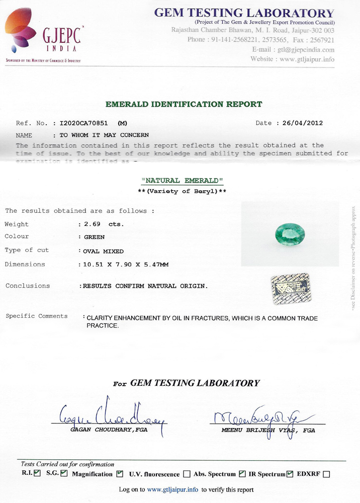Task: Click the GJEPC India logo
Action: pos(43,34)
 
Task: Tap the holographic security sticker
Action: pos(290,289)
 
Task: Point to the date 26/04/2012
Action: pos(303,123)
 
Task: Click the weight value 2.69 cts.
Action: pos(104,224)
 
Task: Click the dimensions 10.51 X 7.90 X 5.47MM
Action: pos(131,264)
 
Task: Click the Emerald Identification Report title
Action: pos(184,104)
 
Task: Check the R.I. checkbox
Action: pos(37,473)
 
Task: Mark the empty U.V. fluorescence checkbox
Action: pos(187,474)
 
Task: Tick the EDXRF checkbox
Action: pos(326,474)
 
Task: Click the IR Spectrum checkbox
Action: pos(290,474)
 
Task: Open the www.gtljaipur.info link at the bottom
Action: pos(172,489)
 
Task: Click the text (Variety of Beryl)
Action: pos(183,192)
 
